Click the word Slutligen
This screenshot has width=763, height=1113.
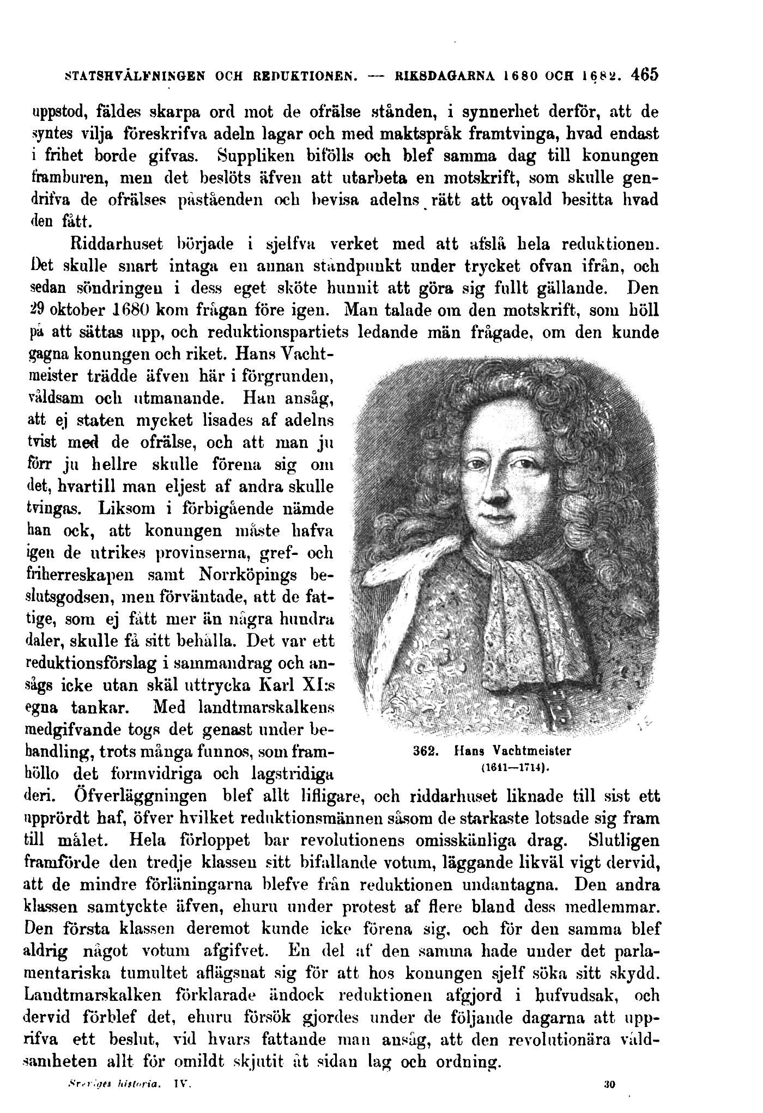click(x=624, y=840)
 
